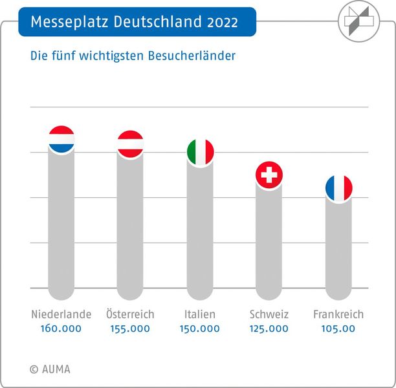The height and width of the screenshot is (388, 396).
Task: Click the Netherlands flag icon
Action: [61, 139]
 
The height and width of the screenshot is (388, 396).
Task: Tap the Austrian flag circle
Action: [130, 144]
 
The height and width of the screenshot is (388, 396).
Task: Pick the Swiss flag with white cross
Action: [269, 174]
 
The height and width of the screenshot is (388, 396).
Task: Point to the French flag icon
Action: [338, 188]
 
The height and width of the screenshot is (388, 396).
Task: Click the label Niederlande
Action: [61, 314]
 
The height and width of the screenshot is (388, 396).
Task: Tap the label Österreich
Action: [130, 314]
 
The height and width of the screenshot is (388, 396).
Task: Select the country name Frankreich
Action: [338, 314]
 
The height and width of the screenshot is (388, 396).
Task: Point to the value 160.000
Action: [61, 329]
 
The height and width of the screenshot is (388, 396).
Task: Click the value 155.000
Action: [130, 329]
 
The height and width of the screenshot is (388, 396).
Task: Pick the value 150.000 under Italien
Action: [201, 329]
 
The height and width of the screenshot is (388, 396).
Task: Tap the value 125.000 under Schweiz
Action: [269, 329]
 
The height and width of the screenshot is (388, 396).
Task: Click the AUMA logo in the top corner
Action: [358, 19]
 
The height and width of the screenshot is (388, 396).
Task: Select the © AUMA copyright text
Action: [50, 369]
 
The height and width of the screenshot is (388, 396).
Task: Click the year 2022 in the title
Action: [223, 23]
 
